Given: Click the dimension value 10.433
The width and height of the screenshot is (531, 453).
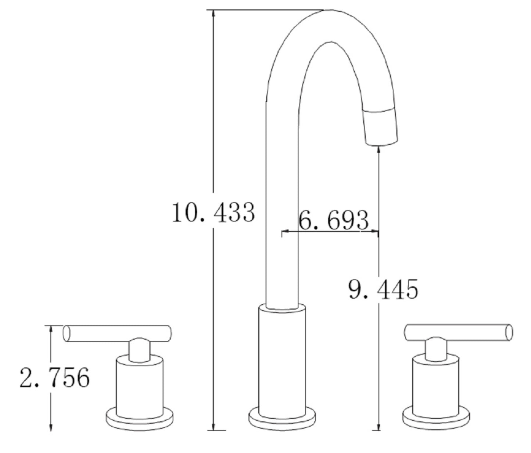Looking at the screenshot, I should click(x=213, y=213).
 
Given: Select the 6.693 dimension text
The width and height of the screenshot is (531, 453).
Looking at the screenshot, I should click(x=333, y=220).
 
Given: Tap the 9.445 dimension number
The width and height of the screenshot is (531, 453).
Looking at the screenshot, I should click(x=383, y=289).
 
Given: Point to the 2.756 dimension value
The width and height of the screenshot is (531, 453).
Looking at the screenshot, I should click(x=54, y=378).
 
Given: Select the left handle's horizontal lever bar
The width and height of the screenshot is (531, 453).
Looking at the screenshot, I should click(x=117, y=333).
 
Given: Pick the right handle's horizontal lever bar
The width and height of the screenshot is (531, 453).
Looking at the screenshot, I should click(x=458, y=332).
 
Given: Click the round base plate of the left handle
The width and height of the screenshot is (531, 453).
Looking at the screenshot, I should click(x=139, y=418).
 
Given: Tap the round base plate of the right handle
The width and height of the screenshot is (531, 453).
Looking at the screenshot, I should click(x=436, y=418).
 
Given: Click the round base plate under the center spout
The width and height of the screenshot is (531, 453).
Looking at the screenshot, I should click(x=282, y=418).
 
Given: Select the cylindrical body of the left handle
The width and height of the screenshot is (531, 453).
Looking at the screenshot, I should click(x=139, y=385).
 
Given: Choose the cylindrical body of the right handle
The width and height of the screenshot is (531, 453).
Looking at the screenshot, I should click(x=436, y=385).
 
